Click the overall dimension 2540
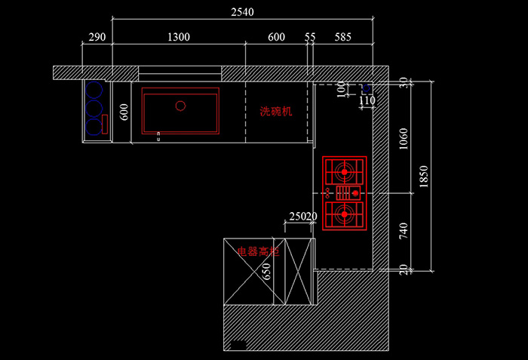[243, 11]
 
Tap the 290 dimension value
[97, 37]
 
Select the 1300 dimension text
[179, 37]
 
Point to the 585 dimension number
[343, 37]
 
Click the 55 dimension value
[311, 37]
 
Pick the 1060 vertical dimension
[404, 138]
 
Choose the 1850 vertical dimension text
[424, 177]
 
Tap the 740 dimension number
[404, 232]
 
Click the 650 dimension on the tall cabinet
[266, 271]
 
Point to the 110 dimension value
[367, 100]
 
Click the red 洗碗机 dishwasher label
[275, 111]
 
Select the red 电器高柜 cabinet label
[259, 251]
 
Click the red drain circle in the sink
[180, 106]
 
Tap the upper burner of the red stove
[345, 172]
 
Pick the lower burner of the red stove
[345, 214]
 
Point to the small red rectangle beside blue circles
[106, 124]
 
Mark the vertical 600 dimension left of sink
[125, 111]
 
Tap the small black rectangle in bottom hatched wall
[238, 345]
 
